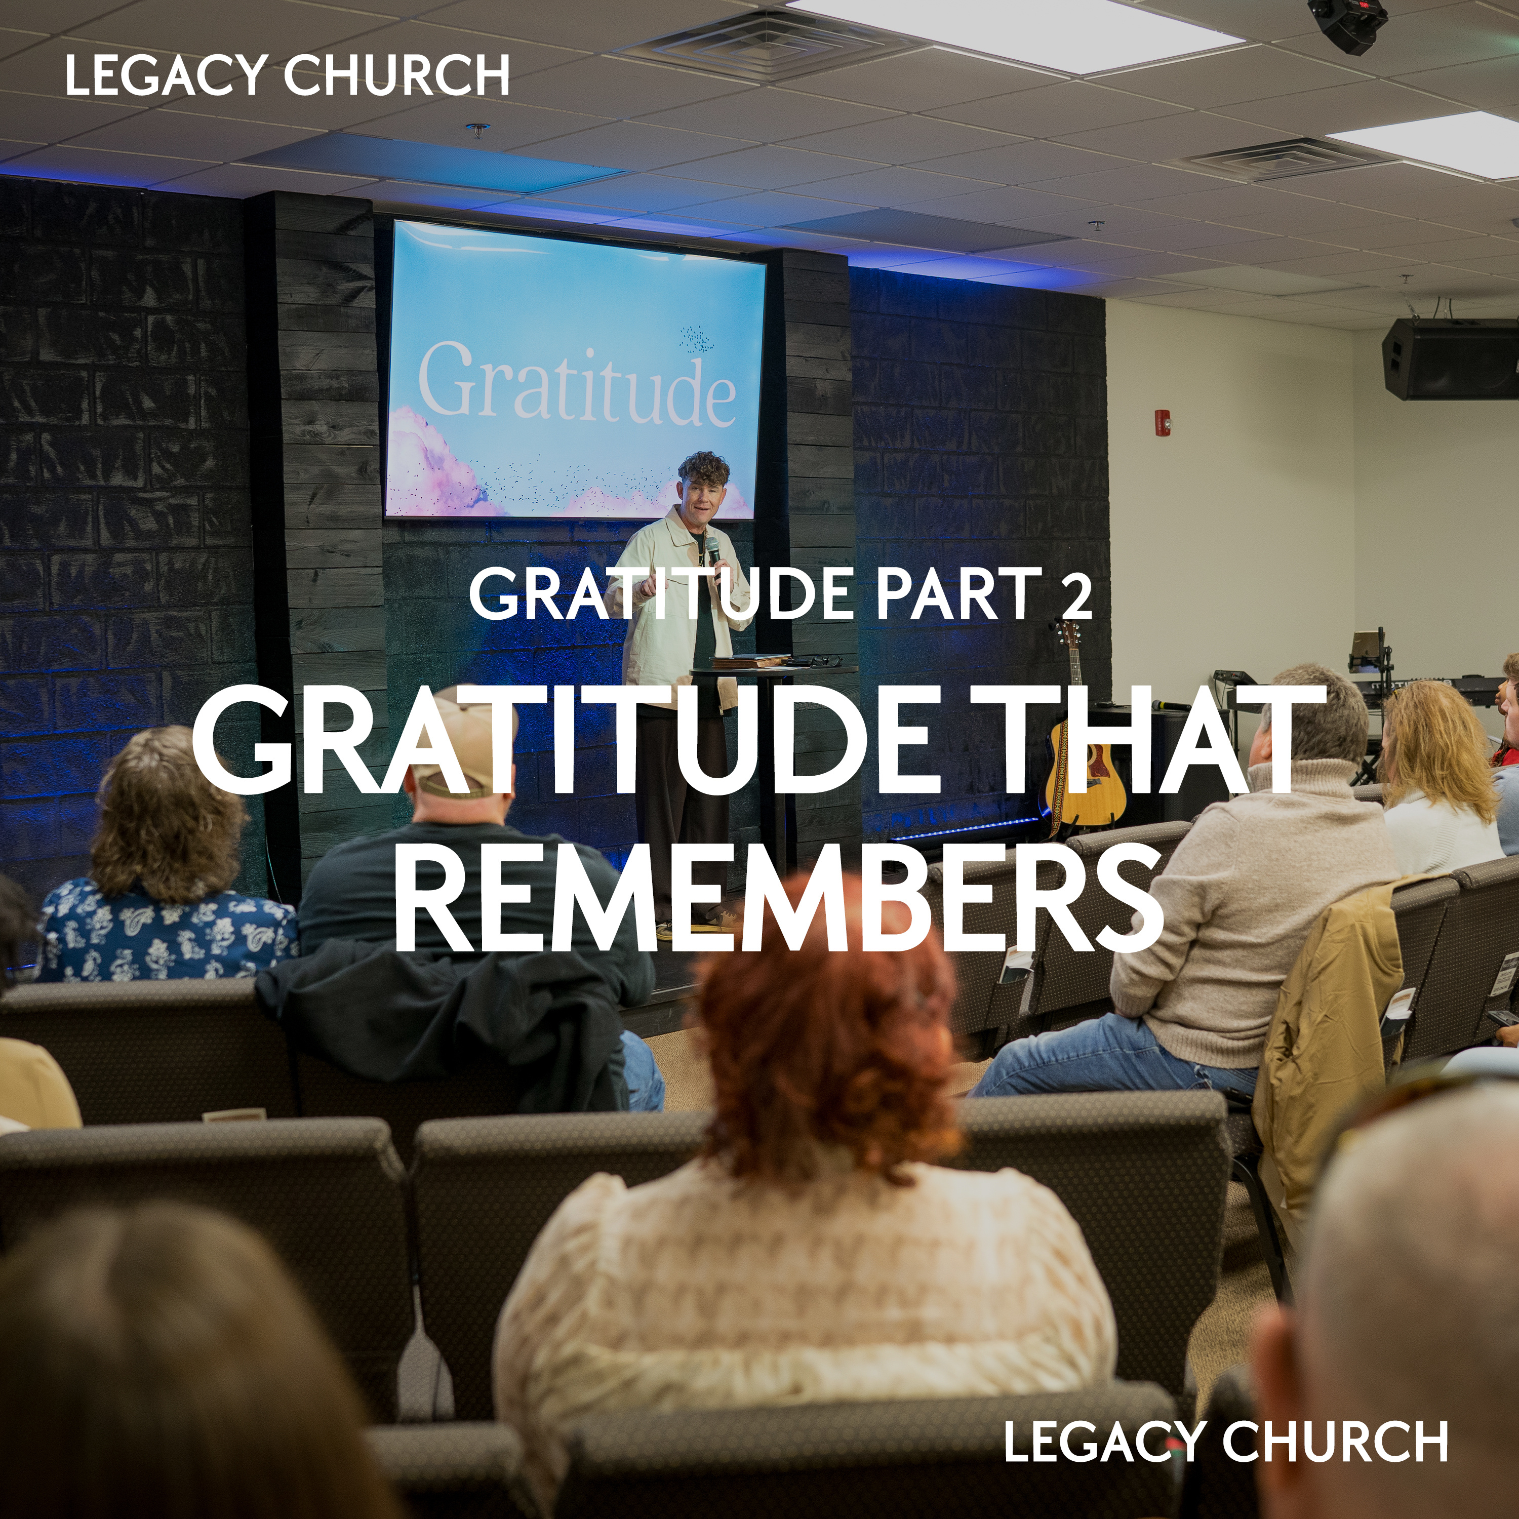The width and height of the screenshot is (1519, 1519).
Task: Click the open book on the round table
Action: tap(751, 660)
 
